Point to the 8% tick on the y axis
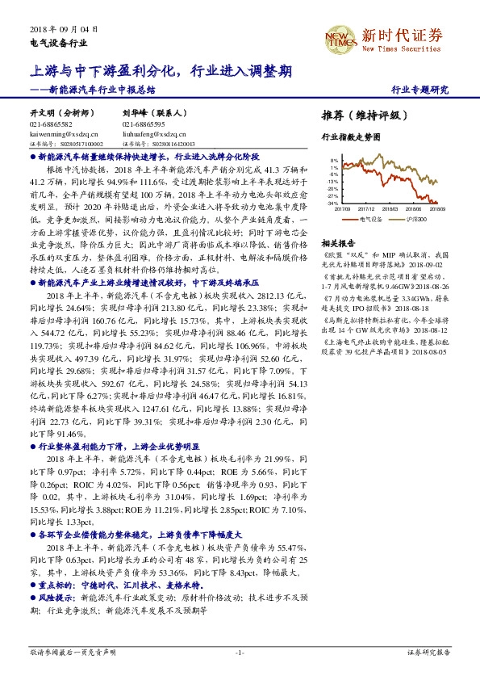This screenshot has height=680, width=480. click(x=335, y=161)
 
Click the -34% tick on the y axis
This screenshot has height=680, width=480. click(x=333, y=203)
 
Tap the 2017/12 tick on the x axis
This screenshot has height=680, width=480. click(x=372, y=208)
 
